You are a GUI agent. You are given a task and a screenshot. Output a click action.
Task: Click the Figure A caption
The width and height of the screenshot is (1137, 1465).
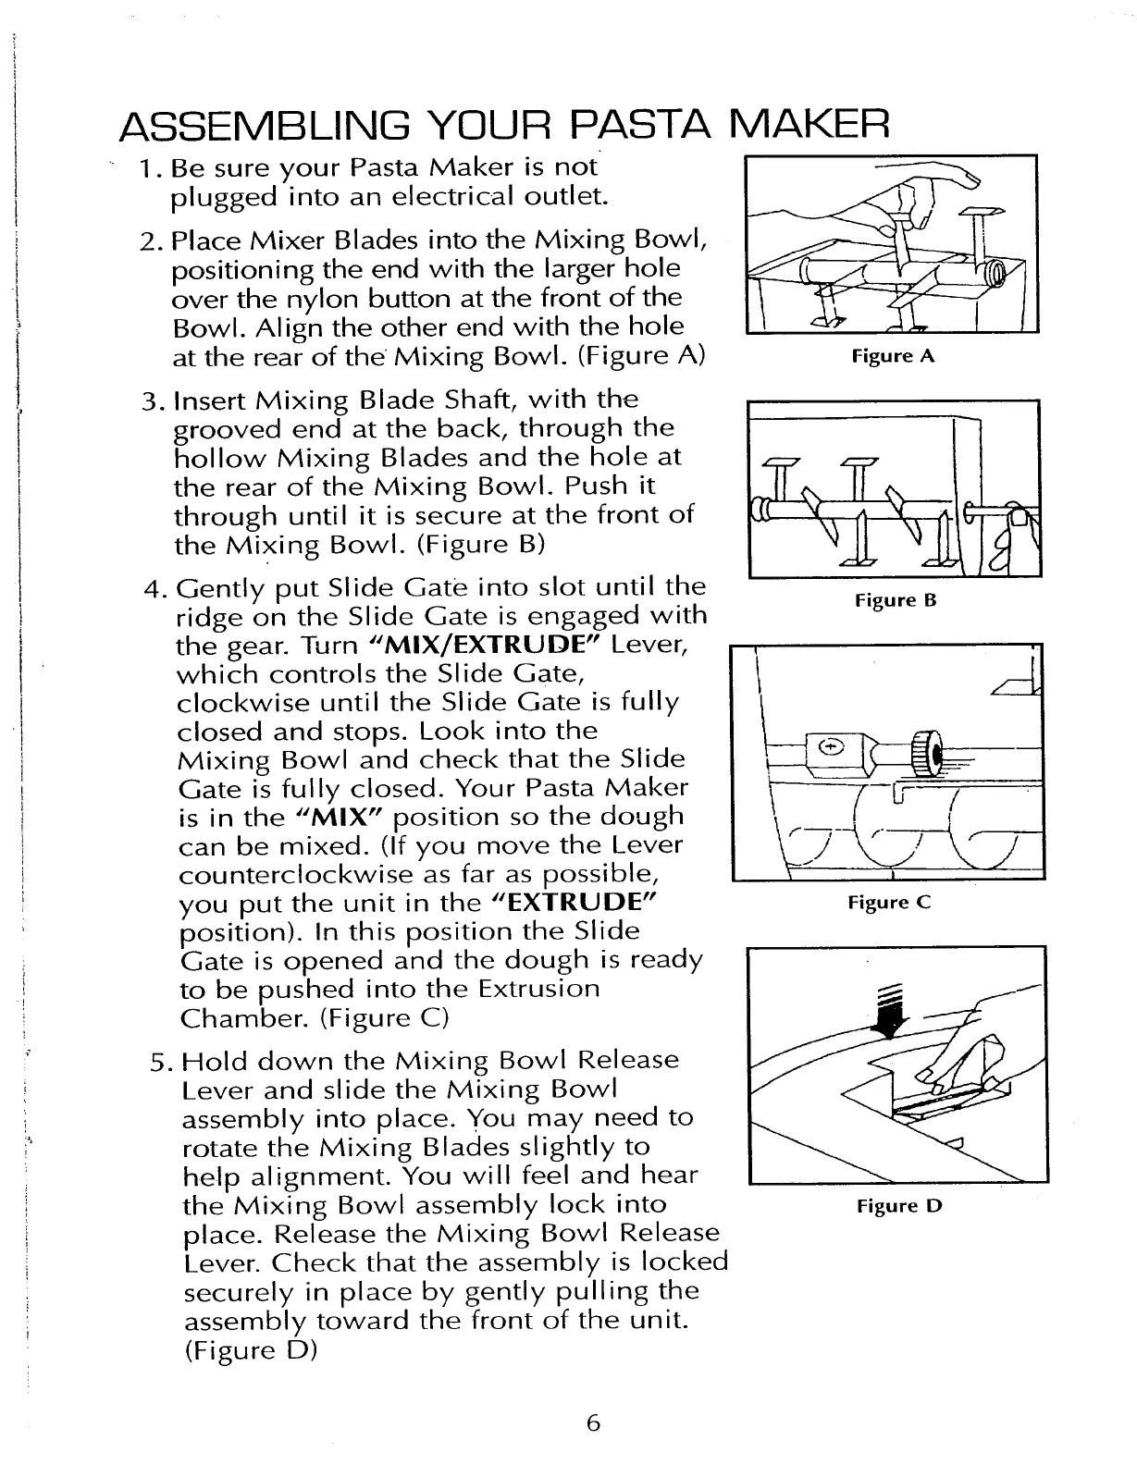click(893, 356)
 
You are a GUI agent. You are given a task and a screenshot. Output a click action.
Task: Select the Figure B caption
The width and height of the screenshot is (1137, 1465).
click(895, 601)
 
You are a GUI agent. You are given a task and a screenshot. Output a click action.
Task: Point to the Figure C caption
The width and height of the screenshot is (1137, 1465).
click(888, 903)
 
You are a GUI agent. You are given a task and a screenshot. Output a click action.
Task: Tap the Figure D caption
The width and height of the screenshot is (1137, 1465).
click(898, 1206)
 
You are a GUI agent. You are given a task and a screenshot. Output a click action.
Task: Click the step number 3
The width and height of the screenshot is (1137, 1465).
click(152, 402)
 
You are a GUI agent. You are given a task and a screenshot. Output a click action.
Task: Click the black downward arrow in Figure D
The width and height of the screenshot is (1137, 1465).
click(892, 1014)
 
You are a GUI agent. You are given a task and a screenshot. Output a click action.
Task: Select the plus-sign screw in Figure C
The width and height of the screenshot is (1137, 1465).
click(830, 747)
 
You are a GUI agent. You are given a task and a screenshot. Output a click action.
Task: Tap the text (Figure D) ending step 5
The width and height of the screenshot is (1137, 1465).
click(251, 1349)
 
